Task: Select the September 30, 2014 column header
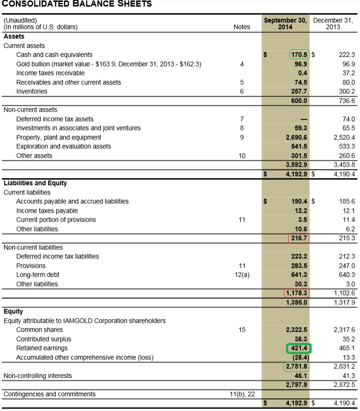click(285, 23)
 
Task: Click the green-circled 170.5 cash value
click(300, 54)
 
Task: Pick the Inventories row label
click(32, 91)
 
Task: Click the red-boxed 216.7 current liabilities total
click(299, 238)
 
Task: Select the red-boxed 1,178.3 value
click(297, 293)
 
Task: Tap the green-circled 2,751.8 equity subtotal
click(297, 366)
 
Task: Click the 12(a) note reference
click(242, 274)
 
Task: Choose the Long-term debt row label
click(38, 274)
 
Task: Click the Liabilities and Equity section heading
click(35, 183)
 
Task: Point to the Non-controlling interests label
click(38, 376)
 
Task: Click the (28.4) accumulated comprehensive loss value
click(299, 357)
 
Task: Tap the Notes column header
click(242, 27)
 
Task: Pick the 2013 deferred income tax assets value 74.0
click(347, 119)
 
